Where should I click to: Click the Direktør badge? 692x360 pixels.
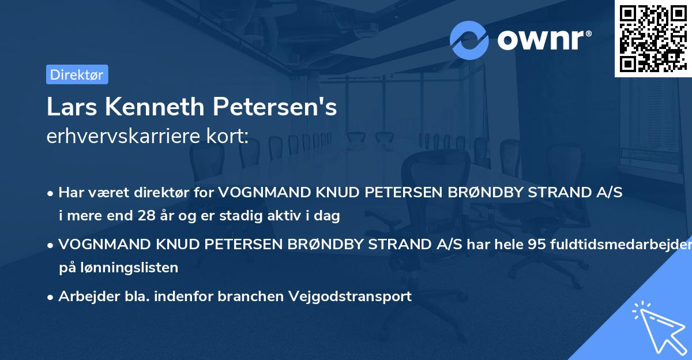(x=77, y=74)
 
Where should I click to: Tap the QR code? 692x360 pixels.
(x=653, y=38)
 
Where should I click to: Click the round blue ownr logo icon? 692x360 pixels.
(x=469, y=40)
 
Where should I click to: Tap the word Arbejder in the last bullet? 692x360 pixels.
(x=82, y=297)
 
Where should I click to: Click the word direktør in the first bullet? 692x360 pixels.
(x=166, y=193)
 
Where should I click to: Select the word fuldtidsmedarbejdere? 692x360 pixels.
(x=623, y=245)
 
